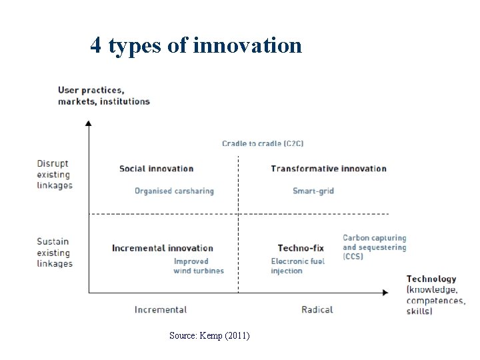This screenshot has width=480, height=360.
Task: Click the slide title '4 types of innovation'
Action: [x=196, y=45]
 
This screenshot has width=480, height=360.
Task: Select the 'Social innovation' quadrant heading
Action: [x=156, y=169]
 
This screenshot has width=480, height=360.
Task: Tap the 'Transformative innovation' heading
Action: [x=328, y=169]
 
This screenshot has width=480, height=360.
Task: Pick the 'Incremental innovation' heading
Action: [x=162, y=249]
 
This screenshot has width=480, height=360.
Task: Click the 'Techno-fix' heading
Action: [x=301, y=249]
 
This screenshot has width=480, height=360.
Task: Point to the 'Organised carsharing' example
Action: [x=174, y=191]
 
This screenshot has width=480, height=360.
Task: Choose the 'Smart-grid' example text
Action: [x=313, y=191]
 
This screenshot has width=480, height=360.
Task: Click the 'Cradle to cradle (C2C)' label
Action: [x=263, y=143]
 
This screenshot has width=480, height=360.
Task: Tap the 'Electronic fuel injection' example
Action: [x=297, y=266]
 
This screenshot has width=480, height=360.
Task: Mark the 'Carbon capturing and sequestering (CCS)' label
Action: [x=374, y=247]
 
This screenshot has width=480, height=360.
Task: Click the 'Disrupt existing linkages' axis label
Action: [x=54, y=175]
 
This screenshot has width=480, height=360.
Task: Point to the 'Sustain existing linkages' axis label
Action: [x=54, y=253]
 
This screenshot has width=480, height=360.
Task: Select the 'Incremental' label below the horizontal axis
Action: [x=160, y=309]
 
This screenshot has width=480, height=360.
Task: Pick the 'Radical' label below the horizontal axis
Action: [x=317, y=309]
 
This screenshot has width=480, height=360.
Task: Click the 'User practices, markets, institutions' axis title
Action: [x=103, y=96]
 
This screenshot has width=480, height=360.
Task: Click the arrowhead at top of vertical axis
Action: [x=89, y=123]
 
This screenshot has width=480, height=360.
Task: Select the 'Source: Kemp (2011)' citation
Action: [x=209, y=335]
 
